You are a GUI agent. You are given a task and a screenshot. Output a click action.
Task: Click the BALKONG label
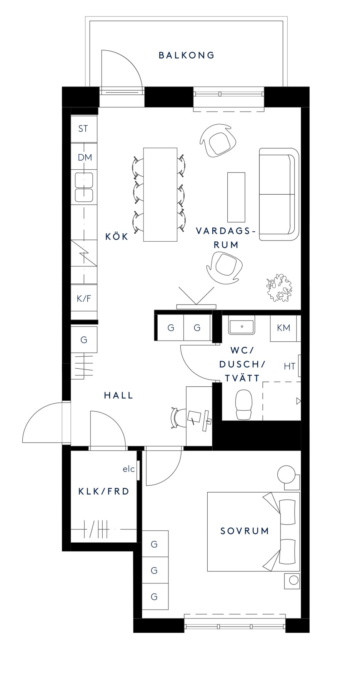pyautogui.click(x=187, y=55)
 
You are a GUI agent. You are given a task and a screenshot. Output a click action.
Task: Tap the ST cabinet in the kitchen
pyautogui.click(x=84, y=129)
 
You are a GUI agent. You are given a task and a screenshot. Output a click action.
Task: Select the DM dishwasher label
pyautogui.click(x=85, y=157)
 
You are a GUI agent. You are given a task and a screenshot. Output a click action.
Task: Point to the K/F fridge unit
pyautogui.click(x=84, y=299)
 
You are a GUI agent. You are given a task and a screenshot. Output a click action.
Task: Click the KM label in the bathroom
pyautogui.click(x=283, y=328)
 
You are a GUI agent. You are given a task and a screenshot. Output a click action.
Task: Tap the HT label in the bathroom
pyautogui.click(x=289, y=366)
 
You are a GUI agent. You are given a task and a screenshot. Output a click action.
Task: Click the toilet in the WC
pyautogui.click(x=244, y=404)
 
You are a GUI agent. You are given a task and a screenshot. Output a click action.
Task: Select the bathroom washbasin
pyautogui.click(x=242, y=326)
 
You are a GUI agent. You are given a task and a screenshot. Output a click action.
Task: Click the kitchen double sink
pyautogui.click(x=84, y=187)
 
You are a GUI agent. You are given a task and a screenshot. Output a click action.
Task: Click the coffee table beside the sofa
pyautogui.click(x=236, y=197)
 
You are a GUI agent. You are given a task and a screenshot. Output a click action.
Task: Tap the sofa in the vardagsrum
pyautogui.click(x=279, y=194)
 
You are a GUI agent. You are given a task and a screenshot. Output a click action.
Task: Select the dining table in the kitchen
pyautogui.click(x=160, y=195)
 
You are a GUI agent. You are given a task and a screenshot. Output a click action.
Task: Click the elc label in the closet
pyautogui.click(x=129, y=469)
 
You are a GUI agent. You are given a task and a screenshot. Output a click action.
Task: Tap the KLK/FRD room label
pyautogui.click(x=104, y=491)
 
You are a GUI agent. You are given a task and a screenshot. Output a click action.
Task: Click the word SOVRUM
pyautogui.click(x=245, y=531)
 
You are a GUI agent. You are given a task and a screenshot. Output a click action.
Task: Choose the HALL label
pyautogui.click(x=118, y=395)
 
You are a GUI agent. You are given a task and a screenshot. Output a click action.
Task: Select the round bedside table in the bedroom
pyautogui.click(x=287, y=474)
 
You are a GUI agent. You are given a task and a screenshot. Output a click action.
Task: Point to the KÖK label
pyautogui.click(x=117, y=236)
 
